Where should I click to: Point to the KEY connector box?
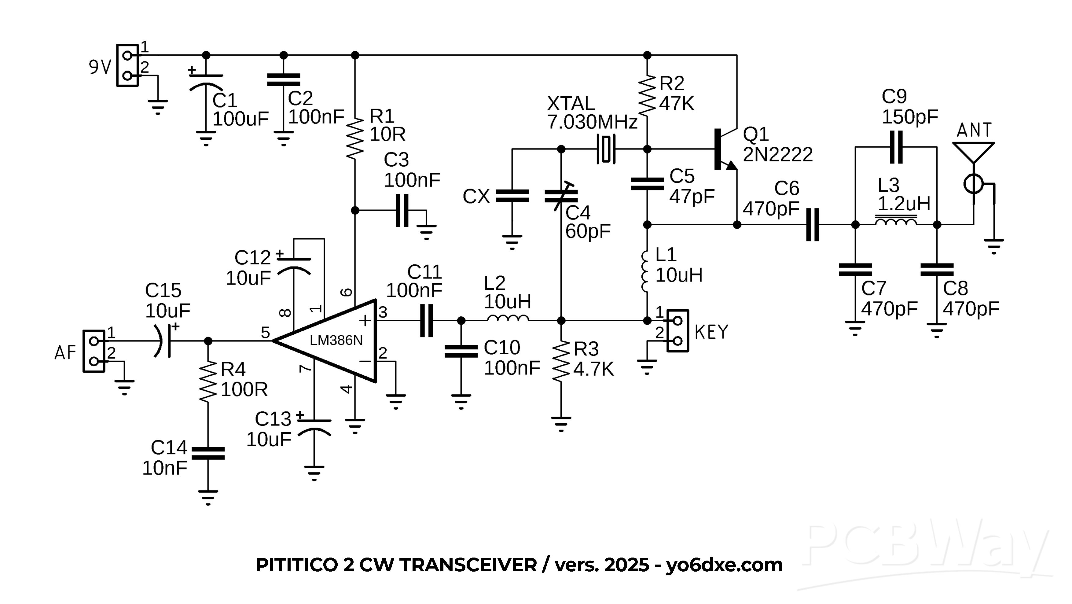point(677,331)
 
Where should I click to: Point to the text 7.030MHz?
point(592,122)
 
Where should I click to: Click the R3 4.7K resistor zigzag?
point(561,360)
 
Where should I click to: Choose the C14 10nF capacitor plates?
point(208,453)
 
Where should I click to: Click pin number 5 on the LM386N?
point(265,333)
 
